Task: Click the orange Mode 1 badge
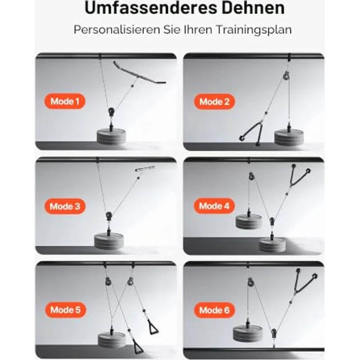click(x=65, y=101)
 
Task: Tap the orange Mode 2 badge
click(x=214, y=102)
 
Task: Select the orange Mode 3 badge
click(x=65, y=206)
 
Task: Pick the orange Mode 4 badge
click(x=214, y=206)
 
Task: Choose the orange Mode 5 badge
click(x=66, y=310)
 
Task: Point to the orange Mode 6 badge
click(x=214, y=310)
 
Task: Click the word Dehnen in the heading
click(x=253, y=8)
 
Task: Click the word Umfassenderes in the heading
click(x=151, y=8)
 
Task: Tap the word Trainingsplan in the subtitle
click(x=253, y=30)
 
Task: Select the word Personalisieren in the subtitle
click(x=116, y=29)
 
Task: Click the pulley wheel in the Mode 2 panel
click(x=286, y=76)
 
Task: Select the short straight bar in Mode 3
click(x=145, y=169)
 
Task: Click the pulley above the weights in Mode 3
click(x=109, y=216)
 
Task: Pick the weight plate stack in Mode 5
click(x=112, y=341)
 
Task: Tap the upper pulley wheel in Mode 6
click(x=251, y=282)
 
